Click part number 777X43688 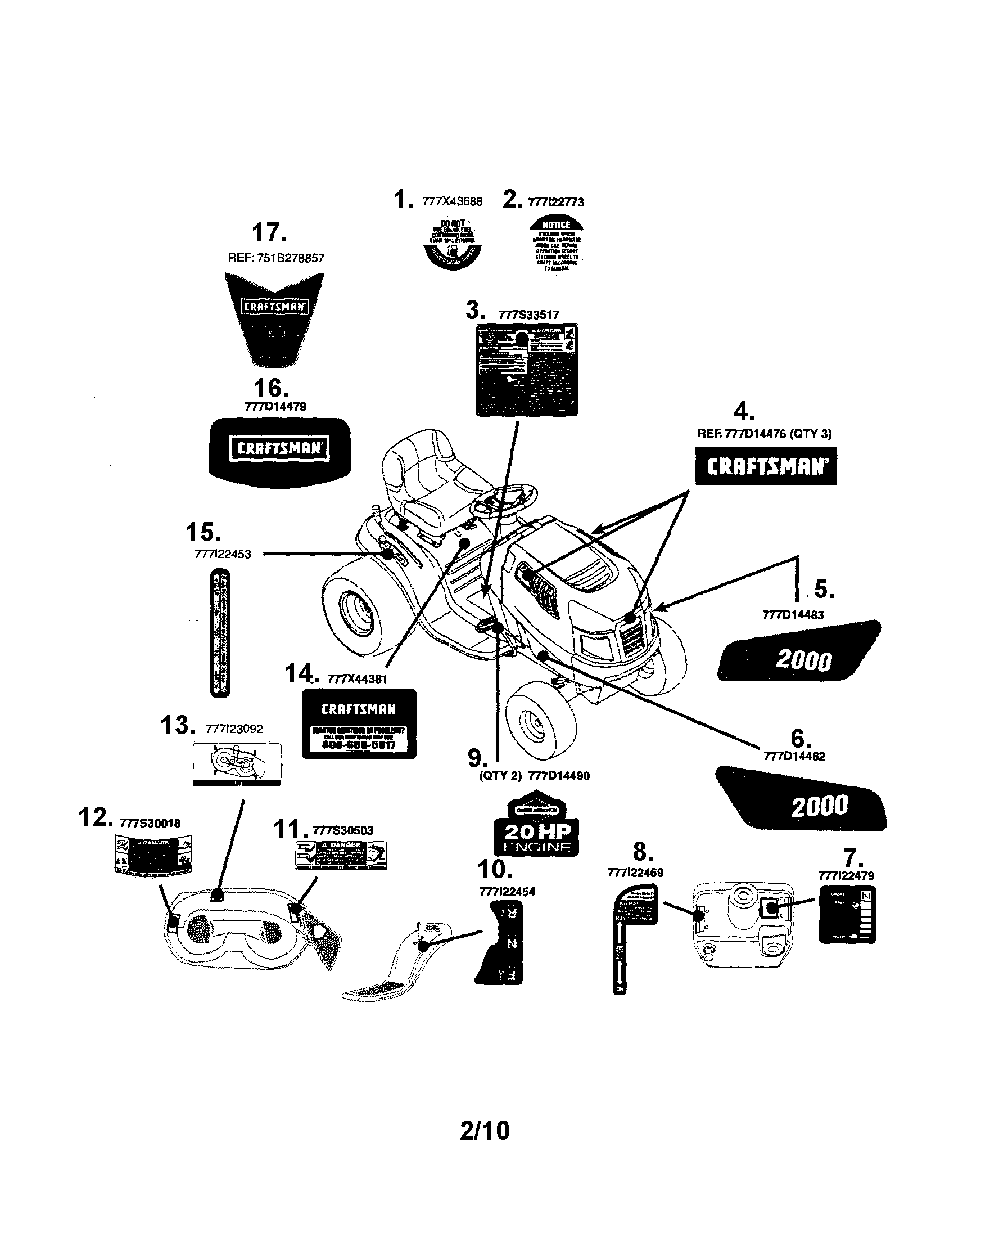point(452,201)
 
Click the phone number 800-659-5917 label point(358,744)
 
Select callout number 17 point(269,233)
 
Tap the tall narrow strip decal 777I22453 point(219,632)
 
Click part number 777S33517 point(528,316)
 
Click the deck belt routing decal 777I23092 point(237,764)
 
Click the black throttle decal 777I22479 point(847,915)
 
